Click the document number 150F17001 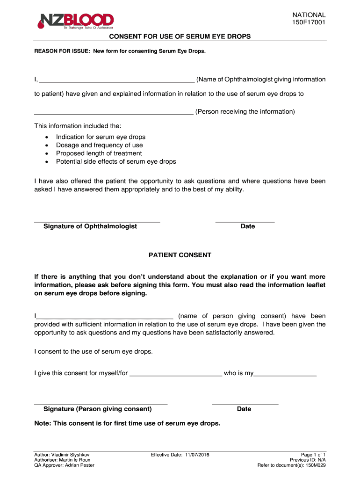pos(309,22)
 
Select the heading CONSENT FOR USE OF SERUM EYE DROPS pos(180,36)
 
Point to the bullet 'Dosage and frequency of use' pos(99,145)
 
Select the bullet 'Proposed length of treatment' pos(99,153)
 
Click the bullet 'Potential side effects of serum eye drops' pos(116,161)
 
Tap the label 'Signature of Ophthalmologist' pos(90,226)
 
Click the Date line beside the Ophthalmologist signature pos(245,221)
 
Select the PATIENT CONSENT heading pos(180,255)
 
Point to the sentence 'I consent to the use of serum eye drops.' pos(94,351)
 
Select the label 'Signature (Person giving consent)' pos(97,409)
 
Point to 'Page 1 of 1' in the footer pos(313,455)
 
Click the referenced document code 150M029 pos(315,465)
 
